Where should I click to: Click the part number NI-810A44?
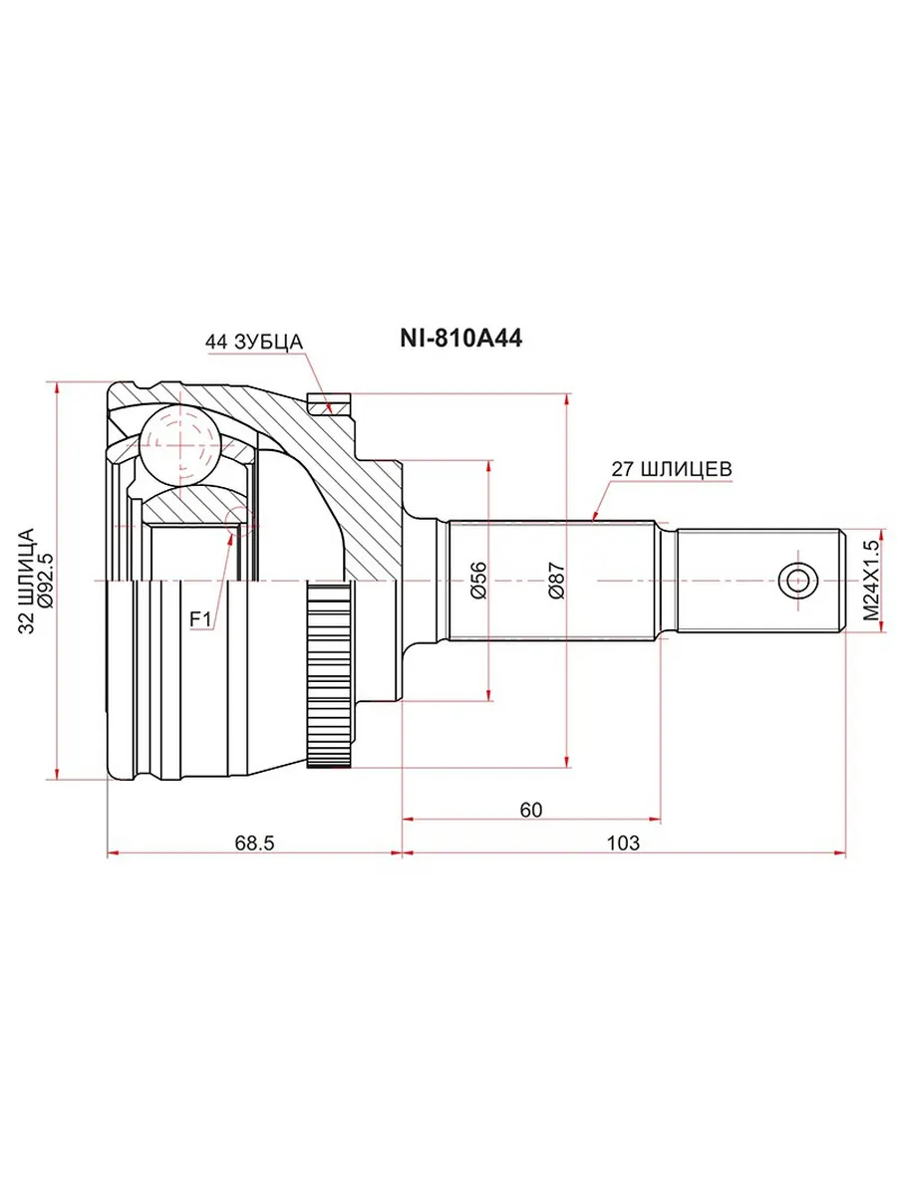[x=460, y=339]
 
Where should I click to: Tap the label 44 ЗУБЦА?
[x=254, y=342]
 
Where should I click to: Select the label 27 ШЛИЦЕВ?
[x=672, y=469]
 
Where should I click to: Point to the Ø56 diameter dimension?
[x=478, y=580]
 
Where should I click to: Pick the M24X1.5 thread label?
[x=871, y=581]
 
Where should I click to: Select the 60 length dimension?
[x=531, y=810]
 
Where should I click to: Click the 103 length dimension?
[x=623, y=842]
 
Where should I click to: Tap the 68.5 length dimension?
[x=254, y=842]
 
